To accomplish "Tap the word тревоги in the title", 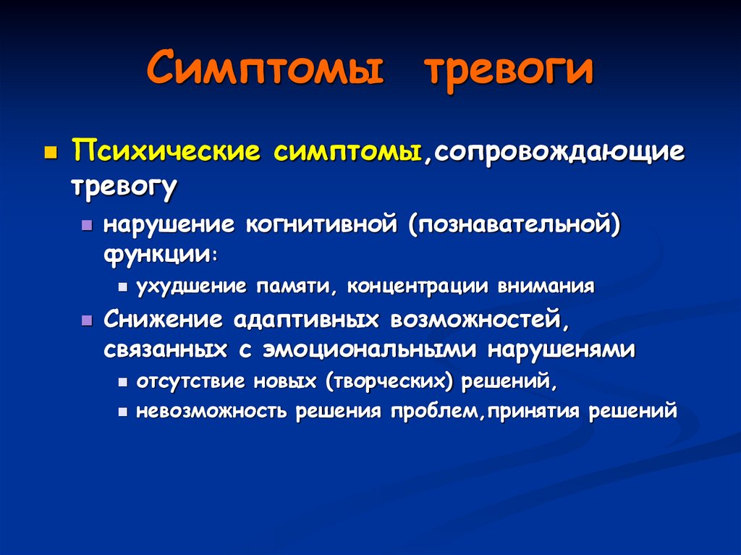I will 508,69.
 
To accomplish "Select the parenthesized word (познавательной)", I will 515,224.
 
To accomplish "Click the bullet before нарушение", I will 87,226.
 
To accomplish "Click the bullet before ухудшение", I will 122,288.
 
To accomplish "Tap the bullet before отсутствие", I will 122,382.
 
